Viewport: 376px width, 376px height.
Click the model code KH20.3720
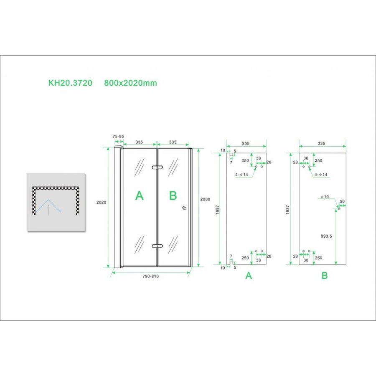(70, 83)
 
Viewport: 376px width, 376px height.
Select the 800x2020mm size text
(130, 83)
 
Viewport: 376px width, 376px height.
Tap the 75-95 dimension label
(119, 136)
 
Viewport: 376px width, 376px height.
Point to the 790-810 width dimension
(150, 276)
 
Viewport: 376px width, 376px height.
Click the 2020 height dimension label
(102, 202)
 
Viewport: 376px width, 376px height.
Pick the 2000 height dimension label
(205, 200)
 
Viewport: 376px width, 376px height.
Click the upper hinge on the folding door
(157, 168)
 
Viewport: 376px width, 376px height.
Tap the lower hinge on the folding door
(157, 246)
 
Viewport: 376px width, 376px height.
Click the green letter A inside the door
(139, 196)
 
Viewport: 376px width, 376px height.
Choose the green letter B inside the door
(173, 196)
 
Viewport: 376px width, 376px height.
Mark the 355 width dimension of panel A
(246, 143)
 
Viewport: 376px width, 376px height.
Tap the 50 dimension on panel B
(343, 202)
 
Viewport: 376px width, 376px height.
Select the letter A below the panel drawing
(249, 275)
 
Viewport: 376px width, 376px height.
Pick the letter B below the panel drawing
(324, 275)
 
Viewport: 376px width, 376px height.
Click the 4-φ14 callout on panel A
(242, 175)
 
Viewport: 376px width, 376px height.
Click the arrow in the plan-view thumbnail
(48, 210)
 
